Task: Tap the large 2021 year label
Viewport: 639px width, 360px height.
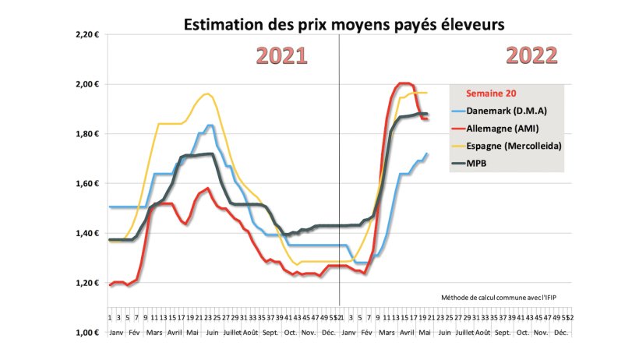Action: pyautogui.click(x=281, y=55)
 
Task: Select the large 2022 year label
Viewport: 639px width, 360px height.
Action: pyautogui.click(x=532, y=55)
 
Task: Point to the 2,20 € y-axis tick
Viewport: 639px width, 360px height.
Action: pyautogui.click(x=86, y=34)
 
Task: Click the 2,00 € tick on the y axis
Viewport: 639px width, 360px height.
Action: pyautogui.click(x=86, y=84)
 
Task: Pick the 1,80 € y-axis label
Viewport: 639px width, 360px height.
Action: pyautogui.click(x=86, y=134)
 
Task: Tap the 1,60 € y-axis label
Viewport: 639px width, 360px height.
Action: pyautogui.click(x=86, y=184)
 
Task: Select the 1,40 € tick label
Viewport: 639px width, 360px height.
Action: pyautogui.click(x=86, y=234)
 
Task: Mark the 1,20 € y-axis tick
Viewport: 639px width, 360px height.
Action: pyautogui.click(x=86, y=284)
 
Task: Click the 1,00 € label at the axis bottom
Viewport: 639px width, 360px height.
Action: pyautogui.click(x=86, y=333)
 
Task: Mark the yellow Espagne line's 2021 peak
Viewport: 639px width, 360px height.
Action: pyautogui.click(x=206, y=94)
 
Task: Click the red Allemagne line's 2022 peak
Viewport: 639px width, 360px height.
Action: pyautogui.click(x=403, y=83)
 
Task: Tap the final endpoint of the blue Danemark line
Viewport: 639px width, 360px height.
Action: pyautogui.click(x=427, y=154)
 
